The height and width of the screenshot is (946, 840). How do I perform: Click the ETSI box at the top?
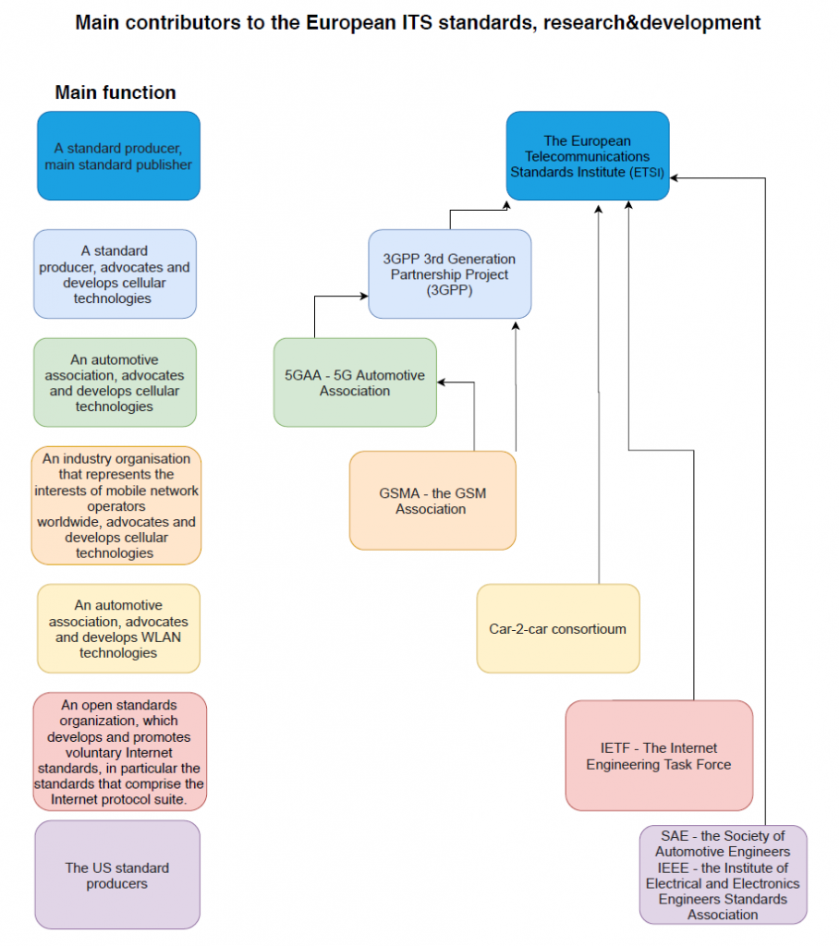click(588, 155)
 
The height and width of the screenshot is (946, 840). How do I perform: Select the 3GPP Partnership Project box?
click(449, 273)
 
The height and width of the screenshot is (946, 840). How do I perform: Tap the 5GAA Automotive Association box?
click(355, 382)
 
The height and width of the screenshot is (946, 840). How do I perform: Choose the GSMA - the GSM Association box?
click(432, 501)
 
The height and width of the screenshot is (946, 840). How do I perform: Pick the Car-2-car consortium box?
click(558, 628)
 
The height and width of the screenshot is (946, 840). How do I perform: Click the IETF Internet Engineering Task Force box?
click(659, 756)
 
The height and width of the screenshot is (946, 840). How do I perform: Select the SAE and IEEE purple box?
click(723, 875)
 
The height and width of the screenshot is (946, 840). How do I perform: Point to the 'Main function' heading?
click(116, 92)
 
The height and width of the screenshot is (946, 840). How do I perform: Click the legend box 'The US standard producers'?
click(117, 875)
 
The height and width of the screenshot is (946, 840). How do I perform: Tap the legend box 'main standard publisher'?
click(118, 155)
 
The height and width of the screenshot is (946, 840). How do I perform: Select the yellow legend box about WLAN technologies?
click(118, 628)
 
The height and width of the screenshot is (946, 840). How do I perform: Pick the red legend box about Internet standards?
click(119, 752)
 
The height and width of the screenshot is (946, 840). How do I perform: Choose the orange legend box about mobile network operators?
click(116, 505)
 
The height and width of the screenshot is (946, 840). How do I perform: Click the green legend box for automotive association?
click(115, 382)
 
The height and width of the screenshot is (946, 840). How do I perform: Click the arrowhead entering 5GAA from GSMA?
click(441, 382)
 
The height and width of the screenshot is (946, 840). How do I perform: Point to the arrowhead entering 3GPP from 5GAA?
click(364, 296)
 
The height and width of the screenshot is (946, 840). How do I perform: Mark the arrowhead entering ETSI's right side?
click(674, 178)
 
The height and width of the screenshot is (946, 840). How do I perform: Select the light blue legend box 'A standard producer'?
click(115, 273)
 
